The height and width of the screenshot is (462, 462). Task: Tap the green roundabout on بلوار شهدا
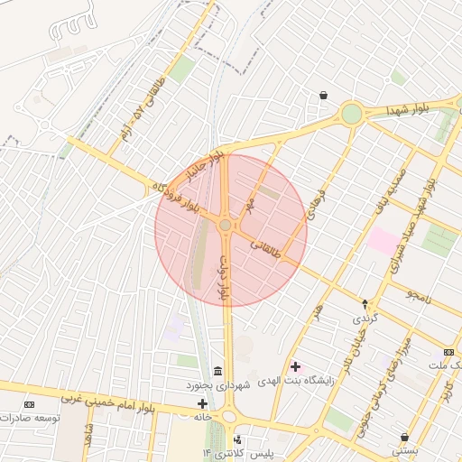(351, 114)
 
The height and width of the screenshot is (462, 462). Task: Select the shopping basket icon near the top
(323, 96)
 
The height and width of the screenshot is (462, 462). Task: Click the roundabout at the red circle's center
(226, 226)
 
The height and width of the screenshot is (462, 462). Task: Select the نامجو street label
(419, 295)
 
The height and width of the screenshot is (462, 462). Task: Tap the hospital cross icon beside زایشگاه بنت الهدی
(296, 366)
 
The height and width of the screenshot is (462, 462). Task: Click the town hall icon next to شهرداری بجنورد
(217, 372)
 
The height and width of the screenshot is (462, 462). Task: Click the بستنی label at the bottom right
(403, 449)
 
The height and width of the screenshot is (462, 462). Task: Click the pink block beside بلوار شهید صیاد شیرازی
(383, 241)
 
